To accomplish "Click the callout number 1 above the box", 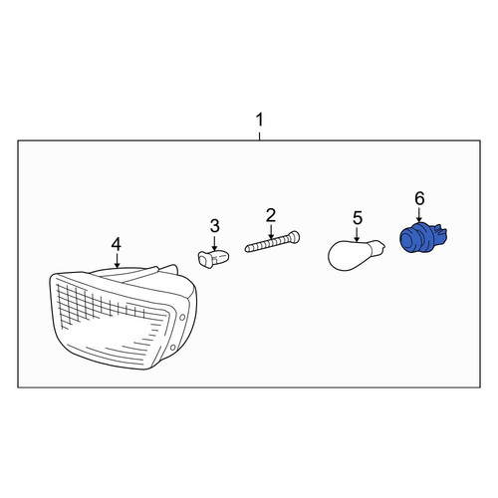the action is coord(259,120).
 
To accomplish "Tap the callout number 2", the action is coord(271,215).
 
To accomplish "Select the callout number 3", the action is coord(215,226).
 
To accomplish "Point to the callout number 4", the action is coord(117,245).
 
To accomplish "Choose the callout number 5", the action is coord(358,218).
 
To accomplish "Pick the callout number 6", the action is coord(419,198).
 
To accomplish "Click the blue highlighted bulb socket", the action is coord(423,238).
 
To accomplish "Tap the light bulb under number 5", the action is coord(357,255).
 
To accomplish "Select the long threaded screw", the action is coord(272,243).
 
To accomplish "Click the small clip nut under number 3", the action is coord(213,259).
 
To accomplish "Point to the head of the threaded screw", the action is coord(295,237).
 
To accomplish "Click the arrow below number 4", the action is coord(117,260).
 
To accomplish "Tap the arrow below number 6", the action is coord(419,214).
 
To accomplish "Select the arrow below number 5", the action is coord(357,234).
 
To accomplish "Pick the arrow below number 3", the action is coord(214,242).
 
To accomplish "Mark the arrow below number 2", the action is coord(271,232).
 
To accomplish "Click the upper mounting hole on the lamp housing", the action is coord(182,318).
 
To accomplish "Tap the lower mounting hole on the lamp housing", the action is coord(172,348).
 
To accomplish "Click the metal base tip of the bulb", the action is coord(380,247).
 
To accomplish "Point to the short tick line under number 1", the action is coord(259,136).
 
